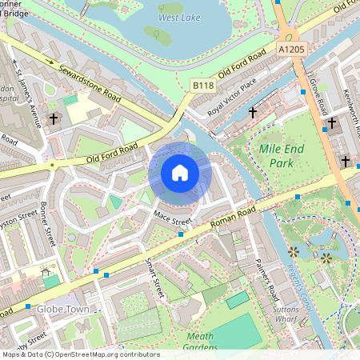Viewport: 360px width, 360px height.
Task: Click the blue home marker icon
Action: click(x=180, y=173)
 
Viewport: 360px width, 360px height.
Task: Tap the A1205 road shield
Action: click(x=293, y=50)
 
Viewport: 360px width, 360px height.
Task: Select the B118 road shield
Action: click(x=203, y=84)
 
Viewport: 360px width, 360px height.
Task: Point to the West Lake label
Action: click(x=179, y=17)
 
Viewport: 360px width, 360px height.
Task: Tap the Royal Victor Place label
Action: click(x=232, y=95)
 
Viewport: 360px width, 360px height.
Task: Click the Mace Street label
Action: click(x=172, y=216)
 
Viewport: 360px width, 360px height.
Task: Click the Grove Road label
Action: click(x=318, y=95)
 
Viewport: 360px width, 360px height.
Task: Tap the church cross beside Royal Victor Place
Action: click(x=253, y=113)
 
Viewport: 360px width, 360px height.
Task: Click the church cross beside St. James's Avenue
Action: click(x=54, y=118)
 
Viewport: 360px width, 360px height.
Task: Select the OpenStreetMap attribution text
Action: click(x=80, y=354)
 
